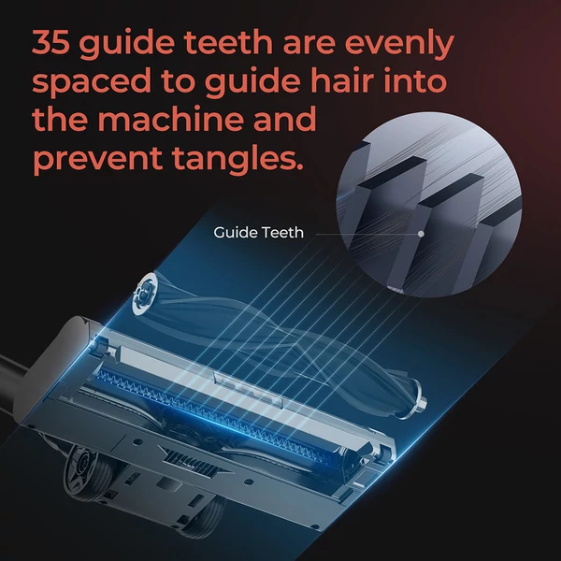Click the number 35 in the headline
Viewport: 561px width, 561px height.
[x=50, y=42]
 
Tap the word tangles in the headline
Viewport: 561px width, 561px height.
[x=237, y=159]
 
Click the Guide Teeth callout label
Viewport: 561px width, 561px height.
[x=258, y=233]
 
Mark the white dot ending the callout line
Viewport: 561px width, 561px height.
[x=421, y=234]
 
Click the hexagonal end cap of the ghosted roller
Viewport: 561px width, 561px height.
[x=144, y=292]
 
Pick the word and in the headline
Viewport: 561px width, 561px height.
[x=289, y=118]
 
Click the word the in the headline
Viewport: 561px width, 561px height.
[x=60, y=118]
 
